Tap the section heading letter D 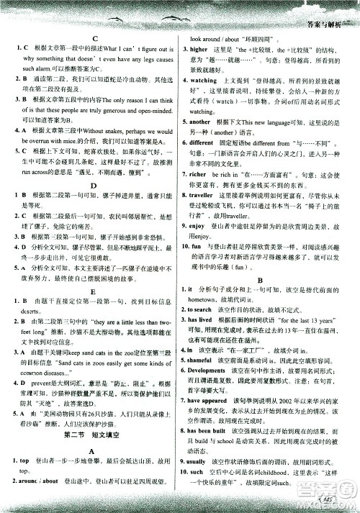pyautogui.click(x=94, y=184)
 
